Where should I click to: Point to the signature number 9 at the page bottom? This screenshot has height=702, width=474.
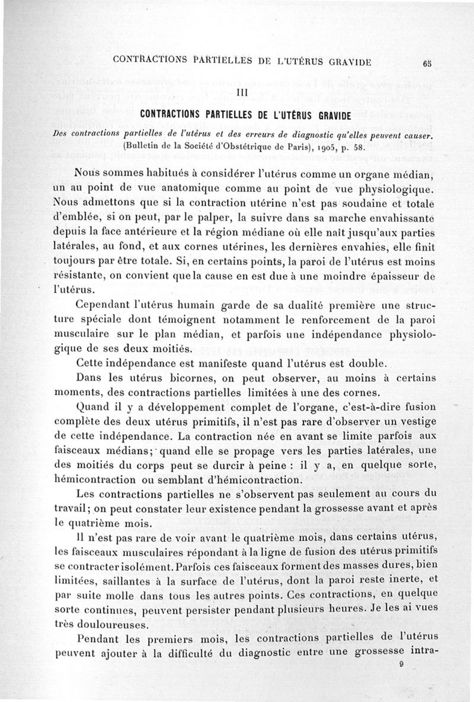[402, 665]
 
